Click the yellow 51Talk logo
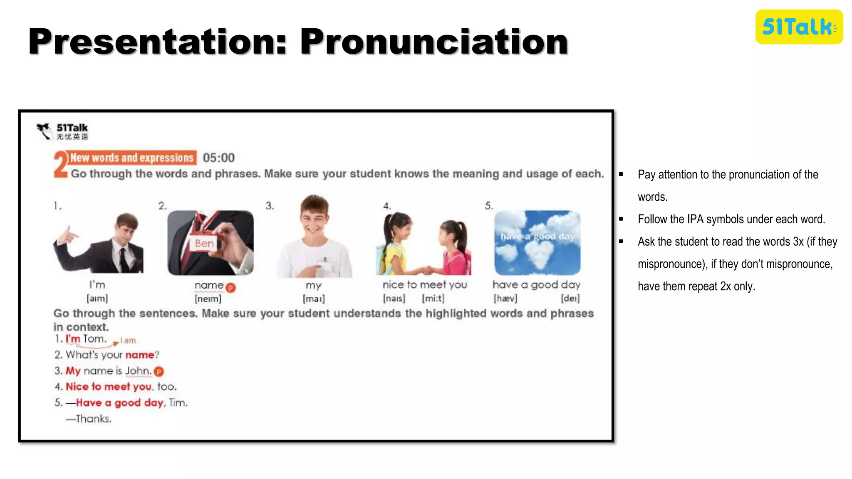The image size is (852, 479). pyautogui.click(x=799, y=27)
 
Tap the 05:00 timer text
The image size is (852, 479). pyautogui.click(x=219, y=158)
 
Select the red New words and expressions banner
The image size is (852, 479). pyautogui.click(x=132, y=158)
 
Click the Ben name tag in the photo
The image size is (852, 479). pyautogui.click(x=204, y=243)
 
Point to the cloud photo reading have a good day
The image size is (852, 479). pyautogui.click(x=537, y=242)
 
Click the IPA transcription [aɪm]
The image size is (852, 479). pyautogui.click(x=97, y=299)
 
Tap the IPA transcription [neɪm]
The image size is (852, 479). pyautogui.click(x=208, y=299)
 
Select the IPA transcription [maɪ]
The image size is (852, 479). pyautogui.click(x=314, y=299)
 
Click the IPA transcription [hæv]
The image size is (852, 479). pyautogui.click(x=505, y=299)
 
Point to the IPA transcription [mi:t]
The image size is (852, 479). pyautogui.click(x=433, y=299)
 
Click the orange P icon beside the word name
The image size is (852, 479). pyautogui.click(x=231, y=287)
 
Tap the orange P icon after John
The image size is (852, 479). pyautogui.click(x=159, y=371)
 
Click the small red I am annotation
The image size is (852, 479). pyautogui.click(x=128, y=341)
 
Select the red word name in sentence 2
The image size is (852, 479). pyautogui.click(x=140, y=355)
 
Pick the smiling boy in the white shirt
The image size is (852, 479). pyautogui.click(x=315, y=237)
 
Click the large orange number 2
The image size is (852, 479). pyautogui.click(x=61, y=165)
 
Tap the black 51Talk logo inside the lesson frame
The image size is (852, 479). pyautogui.click(x=63, y=131)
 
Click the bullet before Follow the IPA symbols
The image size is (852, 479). pyautogui.click(x=621, y=219)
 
